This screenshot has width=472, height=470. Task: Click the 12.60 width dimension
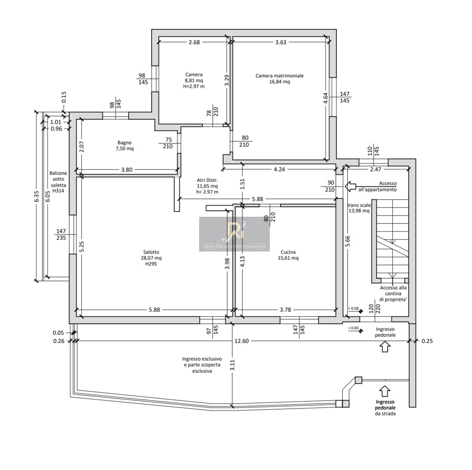tap(241, 341)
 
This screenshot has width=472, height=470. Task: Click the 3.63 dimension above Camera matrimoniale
tap(281, 42)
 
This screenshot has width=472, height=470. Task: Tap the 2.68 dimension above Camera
tap(194, 42)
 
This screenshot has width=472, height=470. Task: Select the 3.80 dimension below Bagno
tap(127, 170)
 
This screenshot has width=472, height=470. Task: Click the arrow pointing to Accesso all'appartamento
tap(350, 187)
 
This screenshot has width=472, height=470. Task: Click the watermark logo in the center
tap(235, 234)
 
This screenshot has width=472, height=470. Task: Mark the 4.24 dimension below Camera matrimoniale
tap(279, 169)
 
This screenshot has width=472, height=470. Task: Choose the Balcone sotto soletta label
tap(58, 182)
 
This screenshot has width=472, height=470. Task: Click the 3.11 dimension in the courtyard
tap(232, 365)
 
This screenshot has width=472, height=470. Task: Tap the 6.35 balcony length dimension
tap(37, 197)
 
